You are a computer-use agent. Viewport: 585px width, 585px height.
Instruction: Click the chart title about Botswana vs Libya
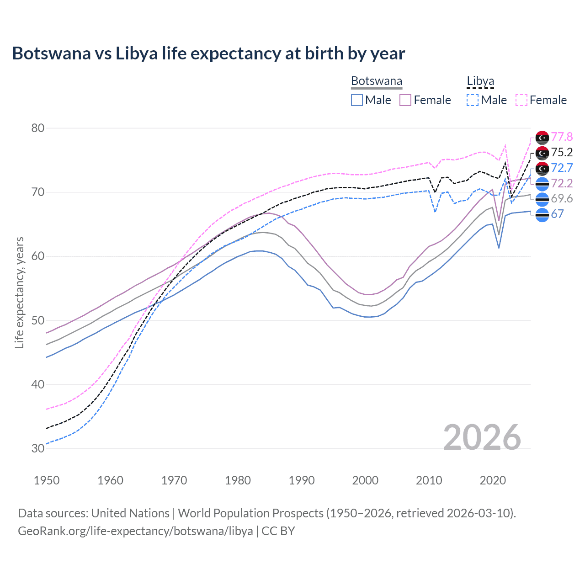208,53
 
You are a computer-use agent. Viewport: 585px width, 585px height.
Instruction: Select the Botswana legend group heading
377,81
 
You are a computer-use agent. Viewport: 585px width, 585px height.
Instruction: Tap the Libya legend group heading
480,81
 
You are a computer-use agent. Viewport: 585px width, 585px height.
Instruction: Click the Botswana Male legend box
357,100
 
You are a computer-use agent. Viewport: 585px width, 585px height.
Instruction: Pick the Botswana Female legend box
405,100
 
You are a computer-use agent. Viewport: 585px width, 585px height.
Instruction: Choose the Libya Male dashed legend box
473,100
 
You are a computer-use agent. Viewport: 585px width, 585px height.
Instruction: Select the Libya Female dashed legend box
521,100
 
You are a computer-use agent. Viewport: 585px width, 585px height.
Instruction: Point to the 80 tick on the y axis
37,128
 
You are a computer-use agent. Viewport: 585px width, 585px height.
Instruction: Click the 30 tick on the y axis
37,448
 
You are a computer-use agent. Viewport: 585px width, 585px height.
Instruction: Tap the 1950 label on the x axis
47,480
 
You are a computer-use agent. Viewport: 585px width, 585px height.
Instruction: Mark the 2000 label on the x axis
365,480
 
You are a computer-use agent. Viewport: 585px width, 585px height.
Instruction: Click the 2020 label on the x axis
493,480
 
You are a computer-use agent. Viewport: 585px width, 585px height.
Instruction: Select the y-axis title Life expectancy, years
19,292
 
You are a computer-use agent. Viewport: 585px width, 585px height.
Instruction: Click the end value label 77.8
562,137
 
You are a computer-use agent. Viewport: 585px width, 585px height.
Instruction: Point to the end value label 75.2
562,152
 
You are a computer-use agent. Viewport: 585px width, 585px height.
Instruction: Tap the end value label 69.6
562,198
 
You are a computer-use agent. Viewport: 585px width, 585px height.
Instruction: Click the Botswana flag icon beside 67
542,214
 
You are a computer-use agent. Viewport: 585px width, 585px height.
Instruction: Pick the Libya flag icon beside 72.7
542,168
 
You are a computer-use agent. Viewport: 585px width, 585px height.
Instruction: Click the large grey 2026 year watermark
482,437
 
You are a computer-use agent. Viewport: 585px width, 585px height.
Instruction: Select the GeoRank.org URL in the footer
135,531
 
